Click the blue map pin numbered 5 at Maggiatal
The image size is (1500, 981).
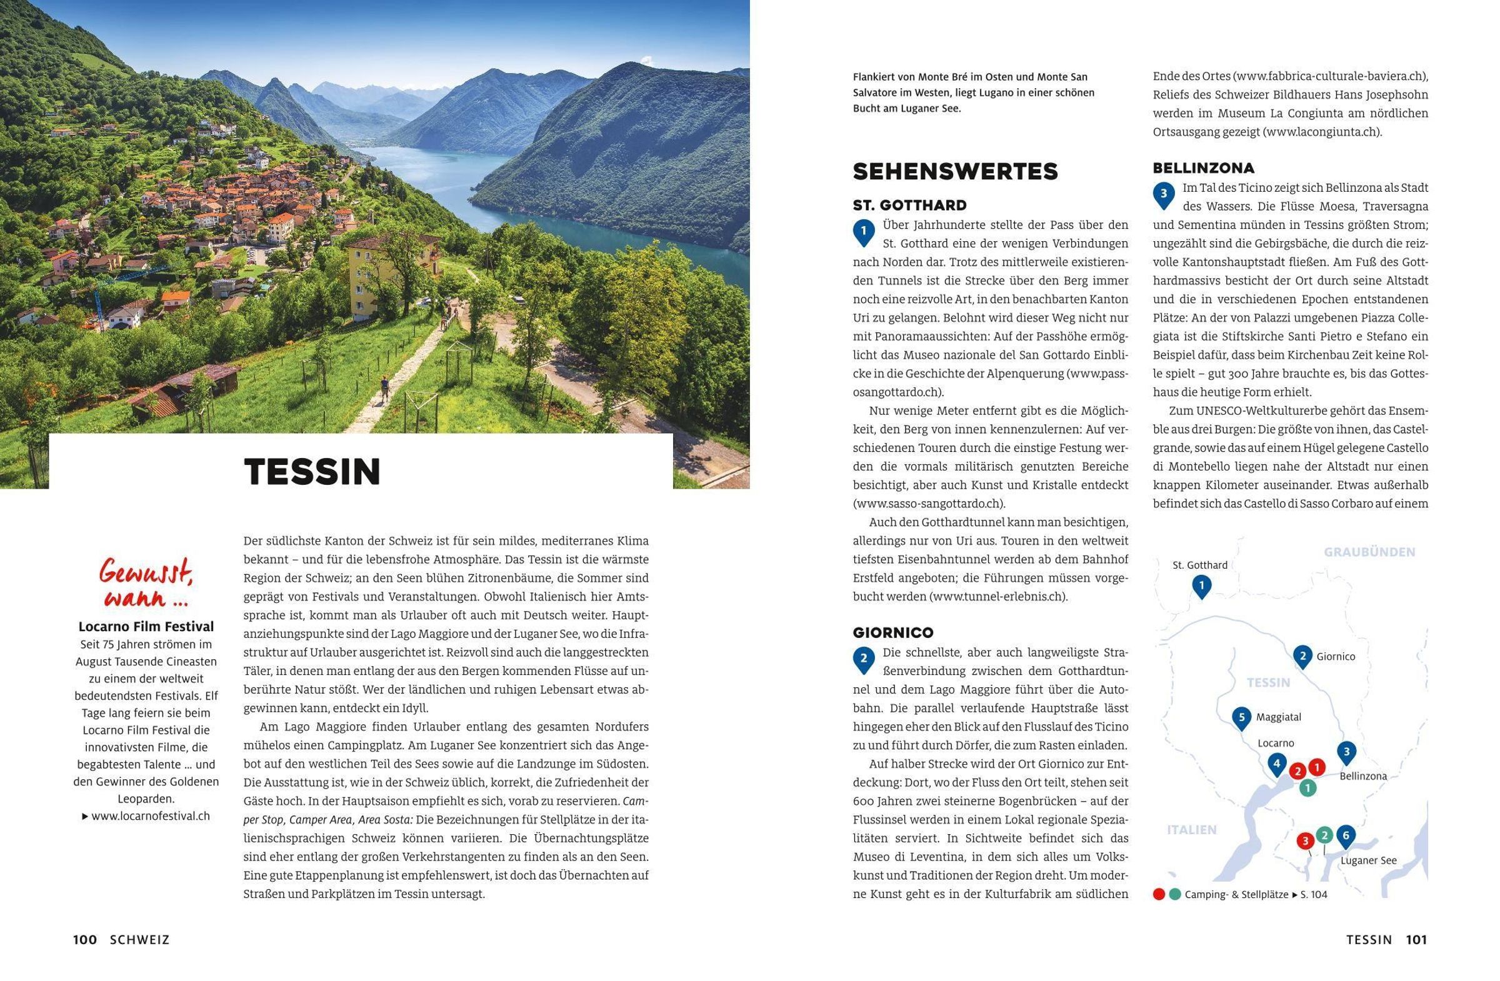point(1241,718)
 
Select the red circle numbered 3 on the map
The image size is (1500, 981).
point(1304,840)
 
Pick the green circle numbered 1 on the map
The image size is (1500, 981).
point(1307,787)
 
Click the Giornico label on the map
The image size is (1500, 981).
point(1335,657)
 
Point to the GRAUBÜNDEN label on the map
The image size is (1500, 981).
point(1369,552)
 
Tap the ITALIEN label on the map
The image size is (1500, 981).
point(1191,830)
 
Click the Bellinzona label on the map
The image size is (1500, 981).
point(1362,776)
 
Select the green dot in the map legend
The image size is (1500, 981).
point(1174,894)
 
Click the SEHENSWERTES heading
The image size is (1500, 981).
point(955,171)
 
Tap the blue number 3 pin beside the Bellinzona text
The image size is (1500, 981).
point(1164,195)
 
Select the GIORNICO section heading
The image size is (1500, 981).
point(893,632)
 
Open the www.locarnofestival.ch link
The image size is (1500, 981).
point(150,816)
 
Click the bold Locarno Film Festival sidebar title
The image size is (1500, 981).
point(146,626)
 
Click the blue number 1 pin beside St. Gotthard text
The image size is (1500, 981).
point(864,232)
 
